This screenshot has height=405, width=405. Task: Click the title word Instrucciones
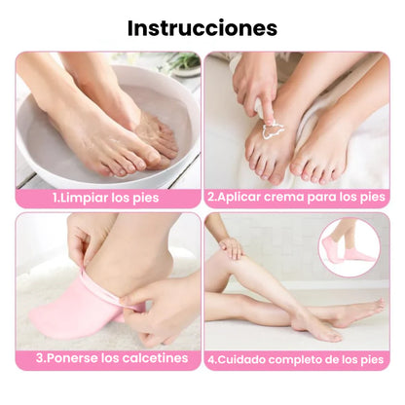coord(202,28)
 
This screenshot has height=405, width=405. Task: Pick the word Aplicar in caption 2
coord(239,198)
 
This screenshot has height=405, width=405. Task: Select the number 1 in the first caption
coord(55,198)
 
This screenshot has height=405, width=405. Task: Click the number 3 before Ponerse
coord(40,357)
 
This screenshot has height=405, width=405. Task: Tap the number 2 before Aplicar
coord(210,198)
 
